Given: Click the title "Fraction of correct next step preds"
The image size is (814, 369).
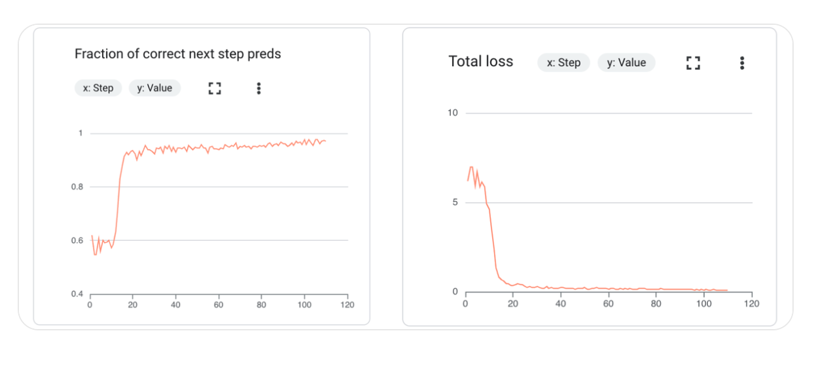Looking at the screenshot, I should (x=177, y=54).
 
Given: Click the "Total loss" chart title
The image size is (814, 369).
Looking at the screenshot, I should (x=480, y=62).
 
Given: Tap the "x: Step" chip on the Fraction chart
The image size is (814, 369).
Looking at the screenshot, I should (x=98, y=88).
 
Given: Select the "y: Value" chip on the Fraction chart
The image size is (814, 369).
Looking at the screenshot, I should (x=154, y=88).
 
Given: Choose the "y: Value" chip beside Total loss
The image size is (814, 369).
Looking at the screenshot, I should (x=626, y=63).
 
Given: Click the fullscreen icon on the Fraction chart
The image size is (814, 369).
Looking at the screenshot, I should (x=215, y=88).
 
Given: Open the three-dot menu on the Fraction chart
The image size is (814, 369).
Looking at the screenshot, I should (x=259, y=88).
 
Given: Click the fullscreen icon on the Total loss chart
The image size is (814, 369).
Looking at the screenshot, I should (x=693, y=63).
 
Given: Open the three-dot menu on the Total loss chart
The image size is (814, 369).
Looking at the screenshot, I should (x=742, y=63).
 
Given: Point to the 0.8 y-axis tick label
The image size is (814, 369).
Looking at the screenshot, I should (x=77, y=187).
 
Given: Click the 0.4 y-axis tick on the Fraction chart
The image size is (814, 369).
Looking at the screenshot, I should (x=77, y=294).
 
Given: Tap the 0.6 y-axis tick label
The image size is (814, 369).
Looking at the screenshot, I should (x=77, y=241).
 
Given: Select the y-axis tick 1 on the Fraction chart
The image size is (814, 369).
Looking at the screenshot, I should (x=80, y=133).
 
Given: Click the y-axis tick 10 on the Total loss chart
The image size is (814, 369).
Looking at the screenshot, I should (x=452, y=113).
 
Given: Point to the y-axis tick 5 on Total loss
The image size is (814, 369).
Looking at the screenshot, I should (x=455, y=203).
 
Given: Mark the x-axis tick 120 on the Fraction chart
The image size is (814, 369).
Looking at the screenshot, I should (x=347, y=305).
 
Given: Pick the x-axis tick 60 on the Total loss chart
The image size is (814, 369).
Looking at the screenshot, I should (x=609, y=304).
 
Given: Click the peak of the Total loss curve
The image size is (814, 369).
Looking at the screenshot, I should (x=470, y=167).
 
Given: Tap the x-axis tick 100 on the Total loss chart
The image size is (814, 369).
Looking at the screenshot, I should (x=704, y=304).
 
